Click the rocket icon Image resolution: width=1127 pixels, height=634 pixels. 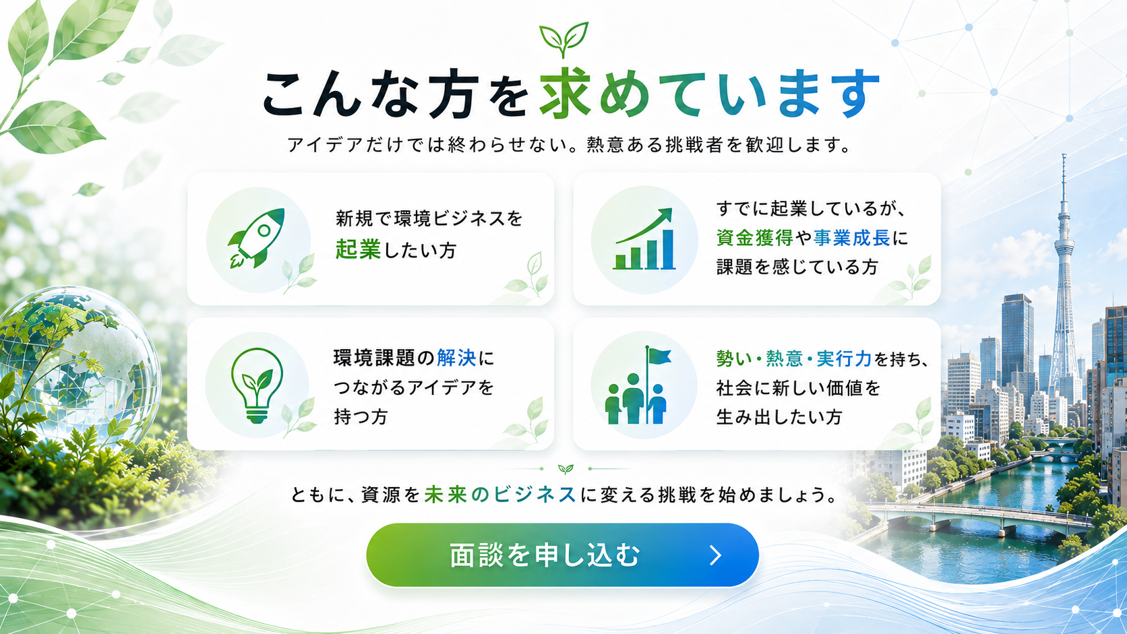(257, 238)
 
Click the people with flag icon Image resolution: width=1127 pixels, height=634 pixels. (638, 385)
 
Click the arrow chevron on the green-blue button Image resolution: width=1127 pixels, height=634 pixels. (716, 555)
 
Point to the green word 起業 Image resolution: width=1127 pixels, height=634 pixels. (358, 250)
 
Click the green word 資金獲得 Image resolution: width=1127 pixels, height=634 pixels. (755, 238)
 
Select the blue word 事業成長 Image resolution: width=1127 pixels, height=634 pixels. (852, 238)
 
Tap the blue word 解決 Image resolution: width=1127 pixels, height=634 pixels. (456, 358)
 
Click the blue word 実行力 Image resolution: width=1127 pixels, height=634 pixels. (844, 359)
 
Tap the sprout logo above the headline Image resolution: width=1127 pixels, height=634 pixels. (563, 39)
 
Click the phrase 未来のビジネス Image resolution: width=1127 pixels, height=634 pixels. (500, 495)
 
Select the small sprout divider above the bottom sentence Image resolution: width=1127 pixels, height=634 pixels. (566, 469)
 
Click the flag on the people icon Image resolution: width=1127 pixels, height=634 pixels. (659, 356)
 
